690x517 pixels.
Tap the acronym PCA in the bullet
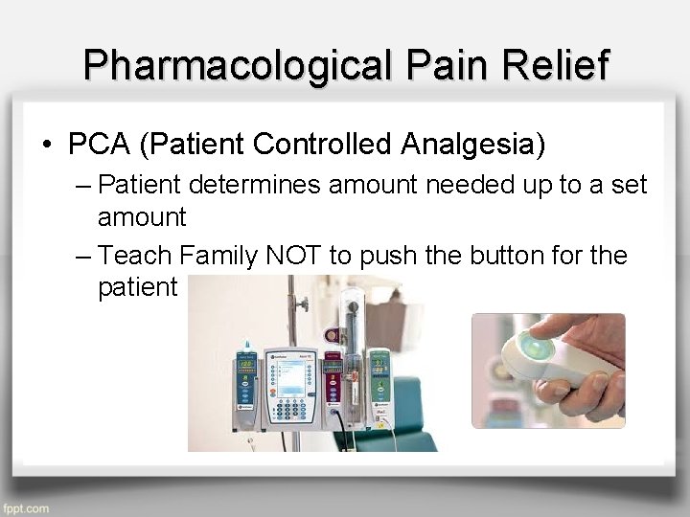(100, 145)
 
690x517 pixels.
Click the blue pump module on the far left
(246, 383)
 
